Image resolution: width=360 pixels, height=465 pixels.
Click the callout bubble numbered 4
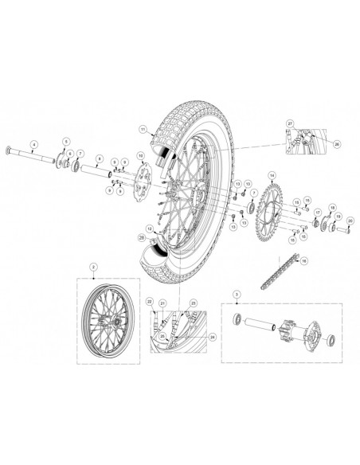[33, 144]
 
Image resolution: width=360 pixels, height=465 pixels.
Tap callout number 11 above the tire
[142, 128]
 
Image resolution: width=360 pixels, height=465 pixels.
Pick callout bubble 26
[336, 144]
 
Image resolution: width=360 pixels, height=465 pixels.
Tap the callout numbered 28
[142, 236]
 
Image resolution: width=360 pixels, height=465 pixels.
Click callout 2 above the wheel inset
[93, 266]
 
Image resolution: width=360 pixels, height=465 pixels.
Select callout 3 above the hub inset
[236, 295]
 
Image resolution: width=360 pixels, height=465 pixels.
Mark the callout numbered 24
[212, 335]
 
